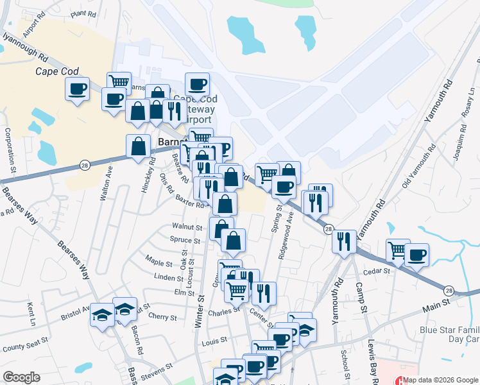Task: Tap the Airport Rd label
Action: (31, 26)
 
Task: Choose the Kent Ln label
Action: (30, 312)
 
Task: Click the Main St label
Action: (439, 309)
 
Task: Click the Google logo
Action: (21, 377)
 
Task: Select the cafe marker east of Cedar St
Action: (416, 255)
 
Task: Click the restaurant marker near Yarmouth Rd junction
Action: (345, 241)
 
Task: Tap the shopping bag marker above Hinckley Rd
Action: (139, 146)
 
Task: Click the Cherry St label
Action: (162, 318)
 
